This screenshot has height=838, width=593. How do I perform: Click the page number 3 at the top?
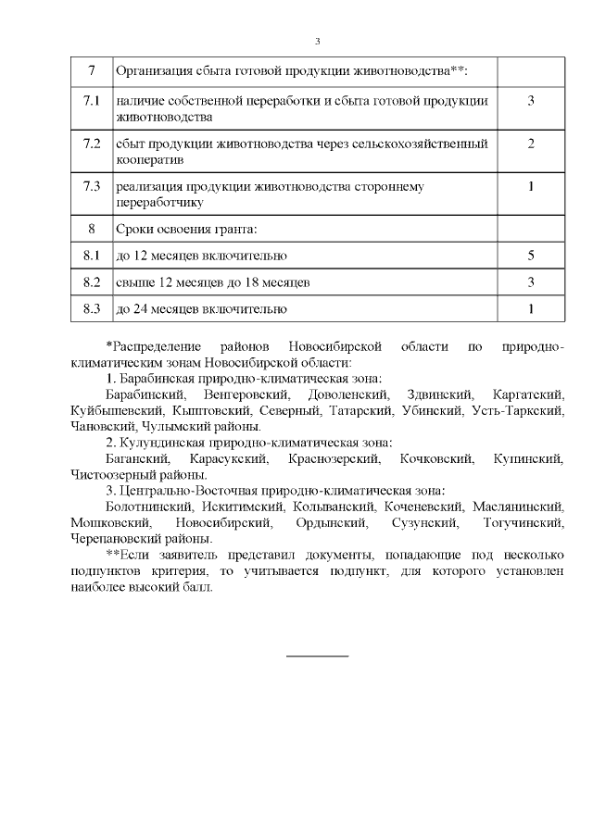[x=317, y=41]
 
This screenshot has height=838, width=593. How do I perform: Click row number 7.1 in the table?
[x=91, y=100]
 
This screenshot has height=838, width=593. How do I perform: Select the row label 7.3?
[x=91, y=186]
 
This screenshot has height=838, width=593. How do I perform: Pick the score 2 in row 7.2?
[x=531, y=144]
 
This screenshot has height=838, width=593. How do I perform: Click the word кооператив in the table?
[x=146, y=159]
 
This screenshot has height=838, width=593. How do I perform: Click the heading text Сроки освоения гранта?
[x=184, y=228]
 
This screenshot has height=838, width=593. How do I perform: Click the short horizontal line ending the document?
[x=317, y=656]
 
